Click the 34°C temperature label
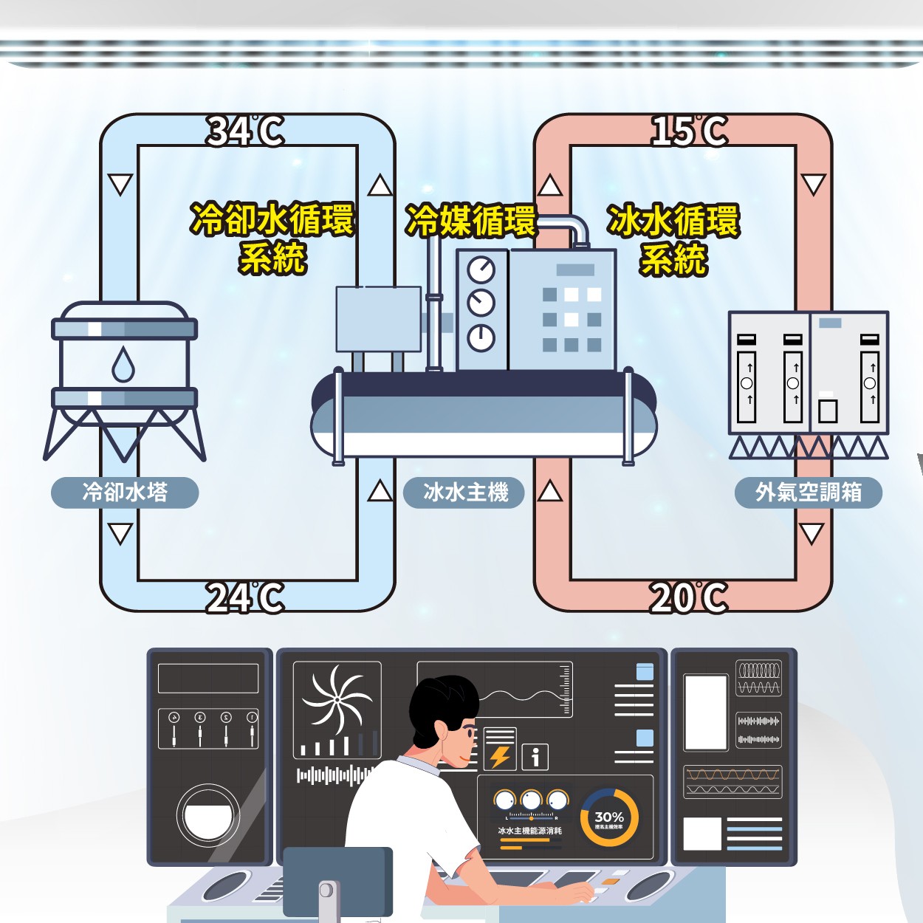click(245, 131)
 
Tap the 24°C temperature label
click(245, 597)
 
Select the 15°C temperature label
click(690, 131)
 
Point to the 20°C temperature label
click(690, 597)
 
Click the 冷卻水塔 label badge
click(125, 493)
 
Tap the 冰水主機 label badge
click(464, 493)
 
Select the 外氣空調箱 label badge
click(809, 493)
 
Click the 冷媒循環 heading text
click(471, 221)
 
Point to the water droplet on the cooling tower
click(123, 365)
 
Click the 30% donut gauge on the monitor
click(609, 818)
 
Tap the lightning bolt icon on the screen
click(500, 756)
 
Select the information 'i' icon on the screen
click(535, 756)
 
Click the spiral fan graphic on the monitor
click(337, 699)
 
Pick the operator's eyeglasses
click(467, 731)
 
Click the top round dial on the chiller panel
click(481, 270)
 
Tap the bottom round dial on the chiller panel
click(481, 337)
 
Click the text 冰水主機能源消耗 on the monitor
click(530, 831)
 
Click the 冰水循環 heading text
click(673, 221)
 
